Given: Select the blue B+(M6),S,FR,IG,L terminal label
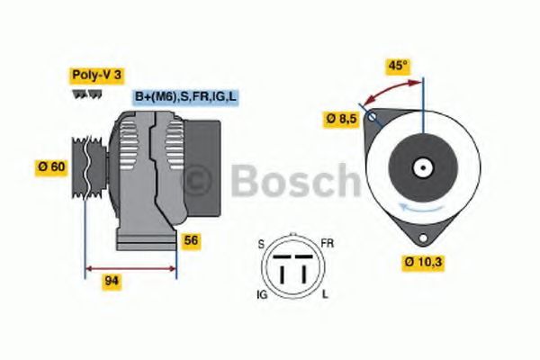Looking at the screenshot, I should pos(186,96).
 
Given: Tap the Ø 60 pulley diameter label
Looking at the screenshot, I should pos(50,166).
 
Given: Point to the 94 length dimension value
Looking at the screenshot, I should pos(112,282).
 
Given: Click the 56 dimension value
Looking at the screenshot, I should pos(191,240).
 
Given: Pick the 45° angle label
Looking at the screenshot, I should pos(398,65).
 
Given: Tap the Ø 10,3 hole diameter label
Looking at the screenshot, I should pos(422,263).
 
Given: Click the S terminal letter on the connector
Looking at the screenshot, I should pos(262,244).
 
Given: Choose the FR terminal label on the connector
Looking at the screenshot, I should pos(328,244).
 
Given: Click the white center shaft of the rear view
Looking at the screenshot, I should pos(420,167).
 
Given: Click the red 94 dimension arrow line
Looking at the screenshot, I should pos(130,268).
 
